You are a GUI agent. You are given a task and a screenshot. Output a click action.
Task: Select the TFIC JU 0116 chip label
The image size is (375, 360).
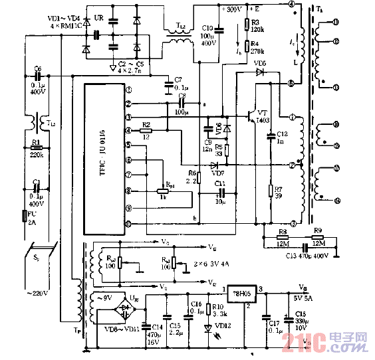(102, 159)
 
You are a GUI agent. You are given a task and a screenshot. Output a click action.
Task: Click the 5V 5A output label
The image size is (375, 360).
(303, 297)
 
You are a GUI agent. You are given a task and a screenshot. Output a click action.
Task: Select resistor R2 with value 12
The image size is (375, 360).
(147, 130)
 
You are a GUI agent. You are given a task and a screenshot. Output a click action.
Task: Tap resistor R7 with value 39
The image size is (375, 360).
(271, 191)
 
